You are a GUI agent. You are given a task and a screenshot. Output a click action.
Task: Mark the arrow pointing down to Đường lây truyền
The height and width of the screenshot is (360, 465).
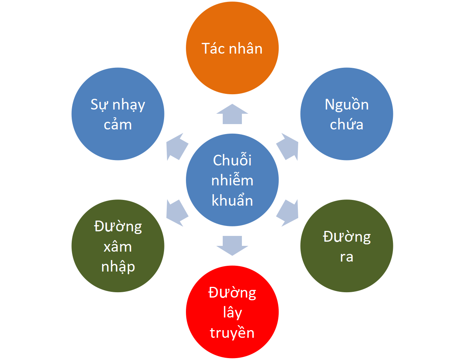point(232,245)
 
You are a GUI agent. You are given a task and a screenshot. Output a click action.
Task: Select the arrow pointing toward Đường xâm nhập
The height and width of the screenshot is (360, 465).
point(177,213)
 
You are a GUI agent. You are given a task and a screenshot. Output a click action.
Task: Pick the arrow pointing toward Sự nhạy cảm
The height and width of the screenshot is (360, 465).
point(177,147)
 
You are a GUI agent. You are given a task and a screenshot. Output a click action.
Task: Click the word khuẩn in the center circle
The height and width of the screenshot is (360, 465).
point(232,201)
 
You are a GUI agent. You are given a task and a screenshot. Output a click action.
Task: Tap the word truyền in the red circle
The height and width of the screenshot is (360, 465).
point(232,333)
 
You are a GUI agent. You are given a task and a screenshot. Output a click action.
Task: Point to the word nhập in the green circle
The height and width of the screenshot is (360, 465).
point(118,267)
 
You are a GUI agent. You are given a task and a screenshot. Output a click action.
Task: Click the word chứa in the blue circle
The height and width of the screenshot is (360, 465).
point(347,124)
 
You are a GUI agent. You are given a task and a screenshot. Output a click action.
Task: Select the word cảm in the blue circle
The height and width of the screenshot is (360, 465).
point(118,124)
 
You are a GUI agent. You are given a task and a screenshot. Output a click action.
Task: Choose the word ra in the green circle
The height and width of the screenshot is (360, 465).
point(347,257)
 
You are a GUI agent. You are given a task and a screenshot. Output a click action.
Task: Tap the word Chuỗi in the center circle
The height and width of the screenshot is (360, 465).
point(232,160)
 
